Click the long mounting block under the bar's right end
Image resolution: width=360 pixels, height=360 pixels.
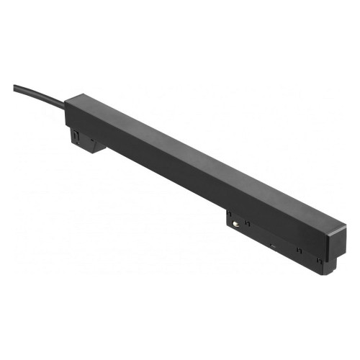274,241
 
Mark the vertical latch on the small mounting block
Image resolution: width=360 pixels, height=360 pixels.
74,135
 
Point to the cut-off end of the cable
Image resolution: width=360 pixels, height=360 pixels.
14,87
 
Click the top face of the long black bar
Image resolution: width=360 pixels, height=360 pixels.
202,162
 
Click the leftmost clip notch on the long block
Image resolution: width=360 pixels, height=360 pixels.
229,215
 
